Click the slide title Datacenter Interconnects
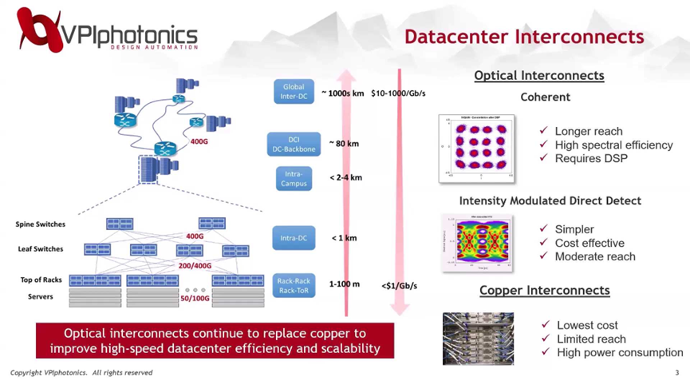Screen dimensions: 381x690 (523, 37)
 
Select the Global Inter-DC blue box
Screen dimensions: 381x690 (294, 92)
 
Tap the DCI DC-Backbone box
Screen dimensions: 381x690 (294, 144)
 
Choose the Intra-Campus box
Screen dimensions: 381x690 (294, 177)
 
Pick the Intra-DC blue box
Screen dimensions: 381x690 (294, 237)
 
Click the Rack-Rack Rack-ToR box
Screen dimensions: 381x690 (294, 285)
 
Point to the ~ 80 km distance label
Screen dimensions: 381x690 (344, 144)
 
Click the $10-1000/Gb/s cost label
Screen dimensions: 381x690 (398, 93)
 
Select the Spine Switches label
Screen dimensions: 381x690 (41, 224)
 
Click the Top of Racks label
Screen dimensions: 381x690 (42, 280)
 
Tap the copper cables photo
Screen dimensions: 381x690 (478, 338)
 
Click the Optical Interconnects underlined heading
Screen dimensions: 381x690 (538, 76)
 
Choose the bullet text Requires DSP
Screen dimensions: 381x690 (591, 158)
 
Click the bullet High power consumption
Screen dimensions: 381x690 (620, 352)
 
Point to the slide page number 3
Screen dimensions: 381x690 (676, 373)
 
